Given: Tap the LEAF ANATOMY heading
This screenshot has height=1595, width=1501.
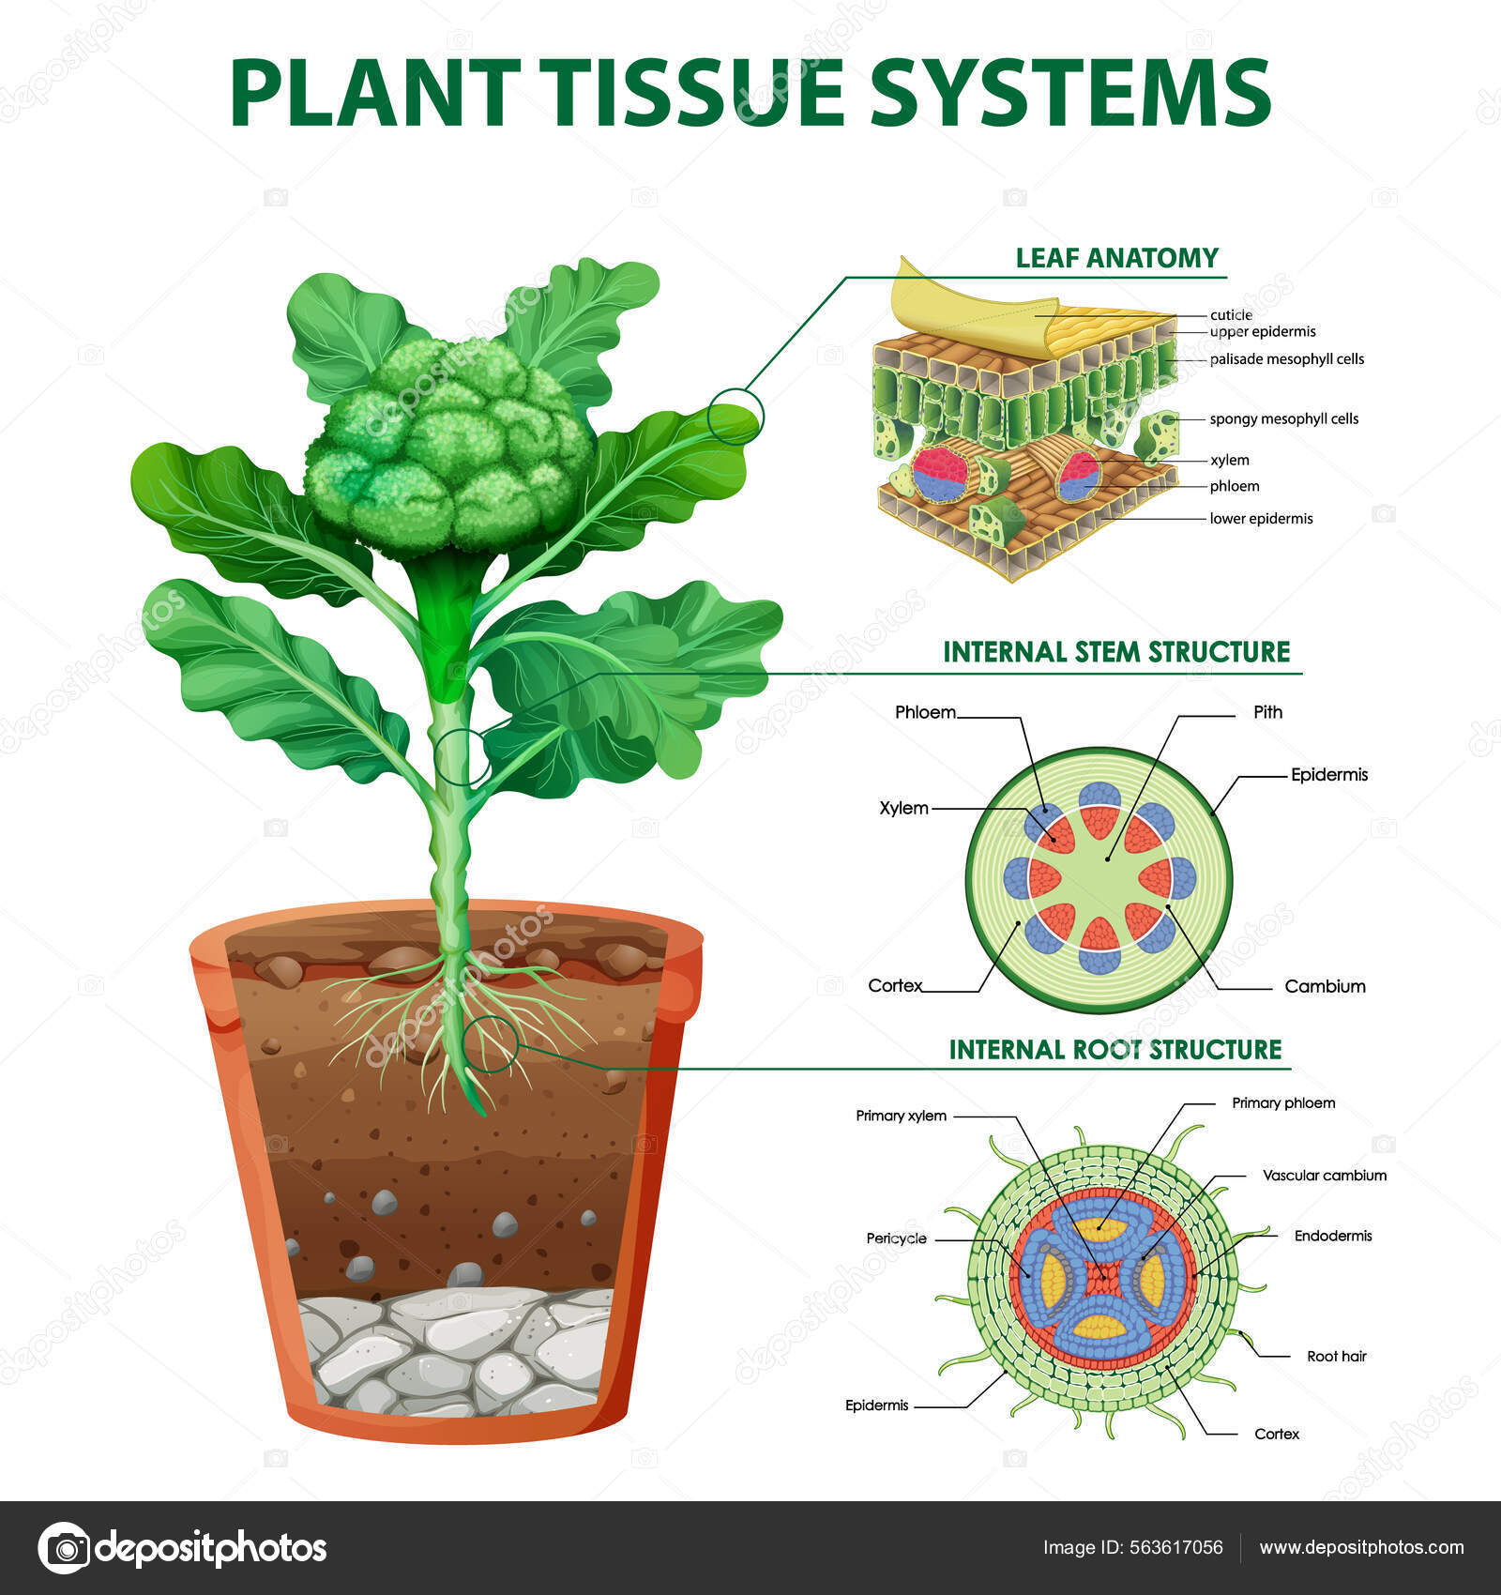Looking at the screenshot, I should (x=1116, y=258).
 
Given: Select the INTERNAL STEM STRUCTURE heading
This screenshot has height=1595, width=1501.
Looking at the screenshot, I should (x=1116, y=652).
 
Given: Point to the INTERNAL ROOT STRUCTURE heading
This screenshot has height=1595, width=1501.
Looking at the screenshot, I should (x=1114, y=1049).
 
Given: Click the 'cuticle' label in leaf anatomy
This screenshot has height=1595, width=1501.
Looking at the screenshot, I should (x=1231, y=315).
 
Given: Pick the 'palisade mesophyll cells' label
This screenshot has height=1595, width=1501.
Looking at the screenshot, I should (x=1286, y=359).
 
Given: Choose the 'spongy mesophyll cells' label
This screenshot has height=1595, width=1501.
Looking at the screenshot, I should (x=1283, y=418).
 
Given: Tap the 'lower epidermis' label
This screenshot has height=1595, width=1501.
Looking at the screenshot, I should (x=1261, y=518).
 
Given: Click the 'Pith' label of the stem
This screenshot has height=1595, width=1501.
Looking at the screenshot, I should (x=1267, y=712).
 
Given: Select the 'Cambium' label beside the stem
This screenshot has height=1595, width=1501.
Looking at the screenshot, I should (x=1325, y=986).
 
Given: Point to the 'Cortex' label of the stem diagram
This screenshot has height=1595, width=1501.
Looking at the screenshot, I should (x=895, y=985).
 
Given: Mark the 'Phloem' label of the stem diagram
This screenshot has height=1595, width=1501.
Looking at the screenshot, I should (x=925, y=712).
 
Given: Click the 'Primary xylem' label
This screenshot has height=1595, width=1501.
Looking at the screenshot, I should (x=901, y=1116).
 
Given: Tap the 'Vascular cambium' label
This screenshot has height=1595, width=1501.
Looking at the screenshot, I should (x=1324, y=1175).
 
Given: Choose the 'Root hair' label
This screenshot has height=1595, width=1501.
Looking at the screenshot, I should (x=1336, y=1356).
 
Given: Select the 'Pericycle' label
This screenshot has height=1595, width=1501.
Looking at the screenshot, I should (x=896, y=1238).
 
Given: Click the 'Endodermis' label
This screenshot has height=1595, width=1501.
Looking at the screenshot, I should (x=1332, y=1236).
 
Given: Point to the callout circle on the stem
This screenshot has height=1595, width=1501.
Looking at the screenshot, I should (x=461, y=756).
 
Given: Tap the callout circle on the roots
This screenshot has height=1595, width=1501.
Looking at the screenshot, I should (x=491, y=1043).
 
